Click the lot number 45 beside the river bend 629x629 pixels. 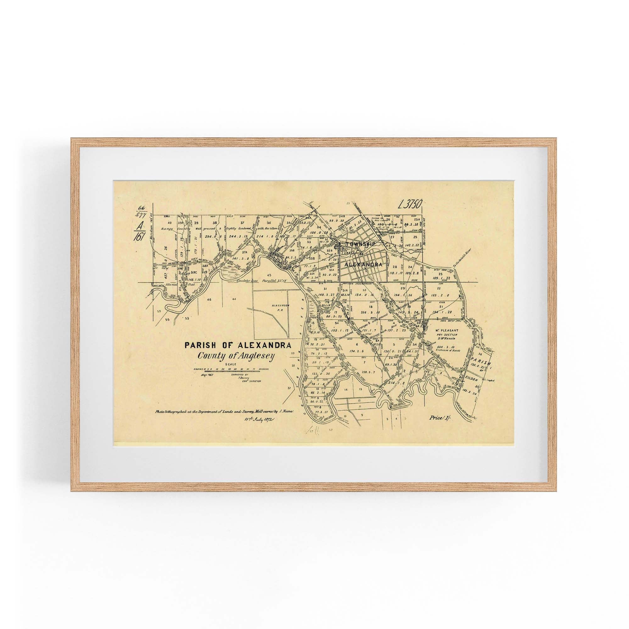pyautogui.click(x=269, y=266)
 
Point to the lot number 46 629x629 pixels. pyautogui.click(x=209, y=298)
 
